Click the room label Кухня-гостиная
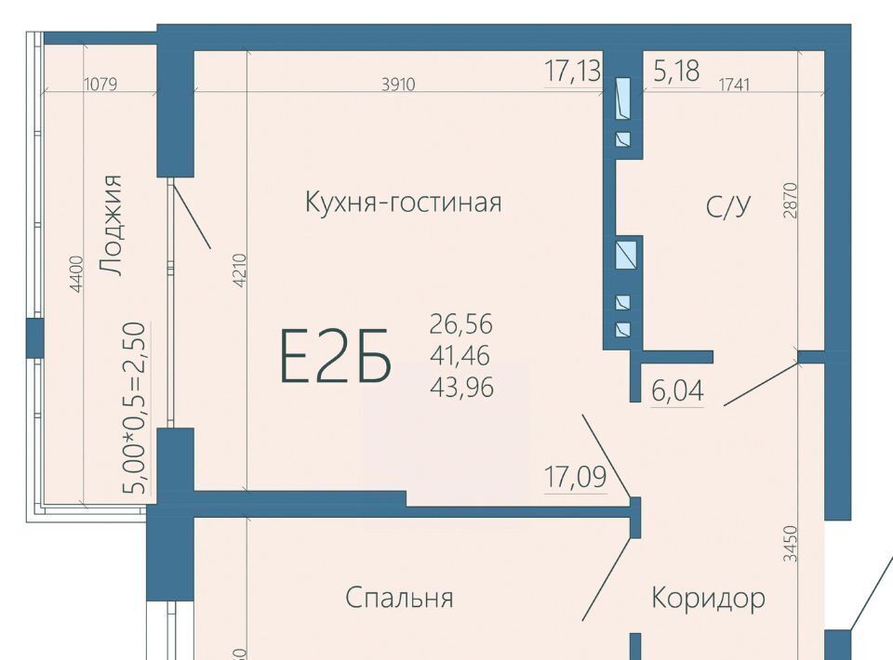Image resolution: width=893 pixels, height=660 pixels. [x=404, y=203]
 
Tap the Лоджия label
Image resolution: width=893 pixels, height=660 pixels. [x=110, y=225]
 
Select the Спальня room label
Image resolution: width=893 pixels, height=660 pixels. [x=399, y=598]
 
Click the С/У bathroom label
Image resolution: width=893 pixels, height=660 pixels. [x=729, y=206]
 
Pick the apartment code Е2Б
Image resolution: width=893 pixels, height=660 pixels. [x=336, y=356]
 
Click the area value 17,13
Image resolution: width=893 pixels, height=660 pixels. [x=572, y=72]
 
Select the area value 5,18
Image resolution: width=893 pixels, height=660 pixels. [x=676, y=72]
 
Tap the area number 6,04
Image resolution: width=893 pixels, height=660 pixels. [x=677, y=390]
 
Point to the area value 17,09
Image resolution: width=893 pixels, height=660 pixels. [x=575, y=477]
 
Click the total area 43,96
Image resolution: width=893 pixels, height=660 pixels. [x=462, y=388]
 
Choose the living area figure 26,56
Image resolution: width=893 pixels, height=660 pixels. [x=461, y=324]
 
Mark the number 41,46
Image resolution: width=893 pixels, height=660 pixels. [x=460, y=356]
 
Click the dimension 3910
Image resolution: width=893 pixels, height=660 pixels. [x=398, y=85]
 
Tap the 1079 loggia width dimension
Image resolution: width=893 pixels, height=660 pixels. [x=100, y=85]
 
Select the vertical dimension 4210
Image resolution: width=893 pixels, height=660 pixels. [x=239, y=271]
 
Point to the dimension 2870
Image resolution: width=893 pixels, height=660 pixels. [x=791, y=200]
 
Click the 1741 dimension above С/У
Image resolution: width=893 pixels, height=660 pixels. [x=734, y=85]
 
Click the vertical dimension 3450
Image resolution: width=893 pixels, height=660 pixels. [x=791, y=544]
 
